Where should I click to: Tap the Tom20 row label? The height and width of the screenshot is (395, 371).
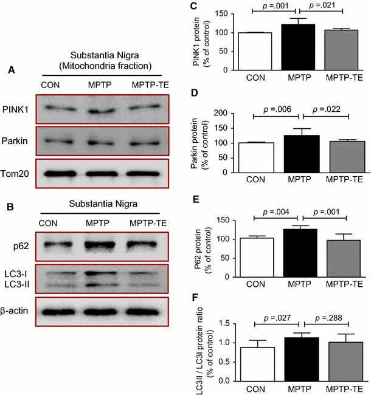pyautogui.click(x=18, y=176)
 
